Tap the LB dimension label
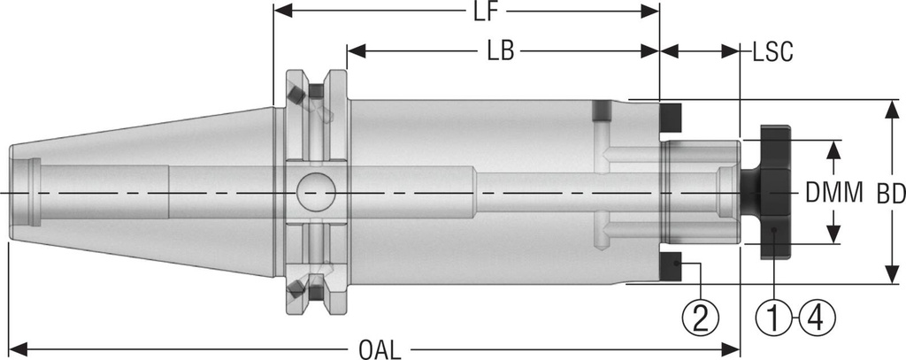tap(502, 51)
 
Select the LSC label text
tap(772, 51)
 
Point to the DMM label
tap(833, 193)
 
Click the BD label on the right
tap(890, 193)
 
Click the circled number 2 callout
tap(700, 315)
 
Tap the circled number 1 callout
tap(773, 315)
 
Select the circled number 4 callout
tap(816, 315)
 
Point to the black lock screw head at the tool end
tap(772, 191)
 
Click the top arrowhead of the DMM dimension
tap(833, 147)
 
